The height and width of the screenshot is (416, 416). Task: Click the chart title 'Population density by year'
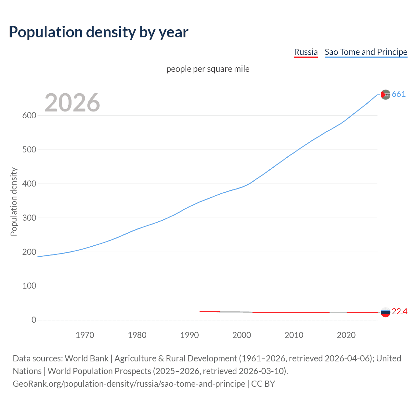pos(98,32)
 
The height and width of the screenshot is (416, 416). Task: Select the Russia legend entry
pos(305,52)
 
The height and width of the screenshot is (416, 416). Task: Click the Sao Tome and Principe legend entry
pos(366,52)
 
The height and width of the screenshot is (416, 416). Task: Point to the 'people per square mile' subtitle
pos(208,69)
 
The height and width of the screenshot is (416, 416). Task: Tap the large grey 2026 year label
pos(72,103)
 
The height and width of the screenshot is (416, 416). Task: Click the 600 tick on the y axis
pos(29,116)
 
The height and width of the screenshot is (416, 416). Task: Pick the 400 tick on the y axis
pos(29,184)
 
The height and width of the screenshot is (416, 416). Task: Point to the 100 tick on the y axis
pos(29,286)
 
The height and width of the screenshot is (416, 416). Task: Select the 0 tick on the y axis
pos(34,320)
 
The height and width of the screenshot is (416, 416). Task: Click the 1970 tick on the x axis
pos(85,335)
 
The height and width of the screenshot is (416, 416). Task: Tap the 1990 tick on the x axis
pos(189,335)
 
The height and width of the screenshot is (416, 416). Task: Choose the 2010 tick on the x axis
pos(294,335)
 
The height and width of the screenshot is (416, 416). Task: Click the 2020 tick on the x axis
pos(346,335)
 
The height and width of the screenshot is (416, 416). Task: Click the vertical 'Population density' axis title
pos(14,201)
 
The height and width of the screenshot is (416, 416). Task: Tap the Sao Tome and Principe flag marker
pos(385,95)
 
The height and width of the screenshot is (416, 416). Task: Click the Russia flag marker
pos(385,312)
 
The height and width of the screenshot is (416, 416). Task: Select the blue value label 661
pos(399,94)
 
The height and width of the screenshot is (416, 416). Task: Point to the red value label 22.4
pos(399,312)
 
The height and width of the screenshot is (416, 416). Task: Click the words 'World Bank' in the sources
pos(86,358)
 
